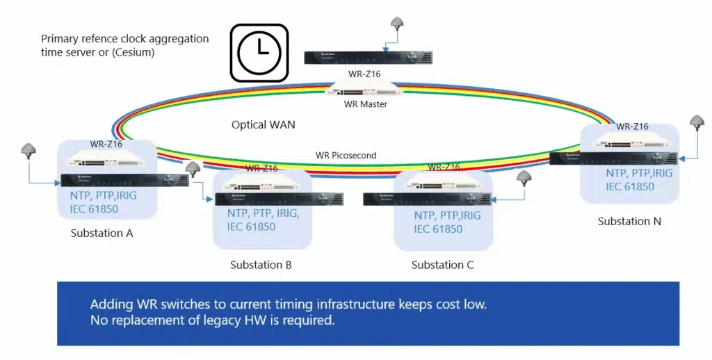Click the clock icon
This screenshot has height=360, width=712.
coord(259,54)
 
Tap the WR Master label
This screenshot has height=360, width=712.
coord(365,104)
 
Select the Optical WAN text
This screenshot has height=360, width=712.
coord(263,125)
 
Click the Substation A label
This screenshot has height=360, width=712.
coord(102,233)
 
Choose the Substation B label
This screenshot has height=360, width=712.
coord(261,265)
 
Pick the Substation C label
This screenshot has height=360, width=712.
coord(442,265)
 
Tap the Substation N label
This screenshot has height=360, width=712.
coord(629,222)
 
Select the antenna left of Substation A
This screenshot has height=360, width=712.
coord(29,150)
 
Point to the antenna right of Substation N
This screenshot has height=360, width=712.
coord(697,122)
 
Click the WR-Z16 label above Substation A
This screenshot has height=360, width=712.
coord(106,145)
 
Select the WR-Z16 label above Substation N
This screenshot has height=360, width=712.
coord(632,126)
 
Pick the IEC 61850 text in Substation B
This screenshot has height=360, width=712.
coord(251,227)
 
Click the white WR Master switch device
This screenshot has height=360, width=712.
coord(365,89)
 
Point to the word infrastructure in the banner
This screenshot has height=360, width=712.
coord(369,304)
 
